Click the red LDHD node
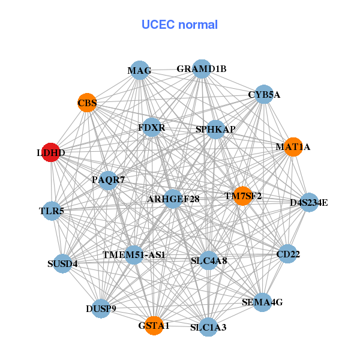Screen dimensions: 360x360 point(51,153)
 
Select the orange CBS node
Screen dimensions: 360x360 point(87,103)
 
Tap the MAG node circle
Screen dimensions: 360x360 point(139,70)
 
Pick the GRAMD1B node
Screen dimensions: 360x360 point(202,68)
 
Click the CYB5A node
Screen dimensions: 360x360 point(264,95)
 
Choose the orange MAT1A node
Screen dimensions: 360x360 point(293,146)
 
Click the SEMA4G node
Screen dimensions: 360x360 point(262,302)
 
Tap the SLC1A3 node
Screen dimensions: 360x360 point(208,327)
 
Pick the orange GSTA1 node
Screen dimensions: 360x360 point(154,325)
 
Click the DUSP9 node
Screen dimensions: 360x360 point(101,310)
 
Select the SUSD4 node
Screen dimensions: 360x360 point(62,263)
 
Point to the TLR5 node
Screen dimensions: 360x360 point(52,211)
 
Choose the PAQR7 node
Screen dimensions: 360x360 point(108,179)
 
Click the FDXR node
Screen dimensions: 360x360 point(151,127)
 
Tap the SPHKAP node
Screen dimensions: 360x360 point(215,129)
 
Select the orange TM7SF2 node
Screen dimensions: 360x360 point(242,196)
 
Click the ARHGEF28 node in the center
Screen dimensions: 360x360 point(173,199)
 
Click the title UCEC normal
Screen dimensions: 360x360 point(179,25)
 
